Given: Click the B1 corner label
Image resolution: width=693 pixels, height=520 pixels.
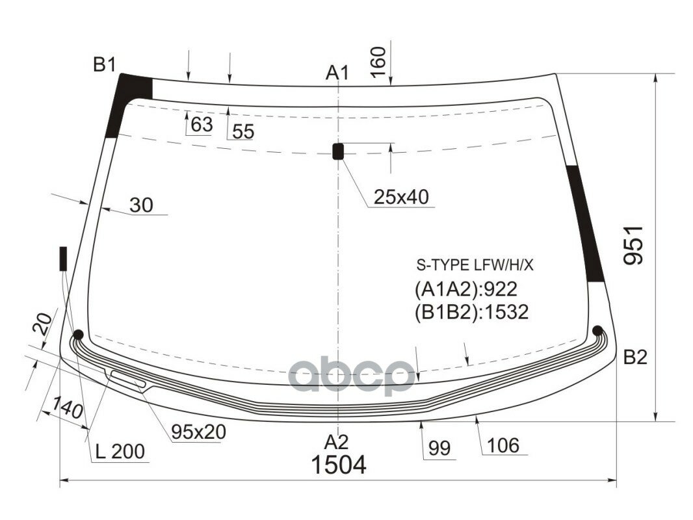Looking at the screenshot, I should pos(104,64).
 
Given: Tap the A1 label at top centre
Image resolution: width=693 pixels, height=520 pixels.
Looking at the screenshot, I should pos(337,73).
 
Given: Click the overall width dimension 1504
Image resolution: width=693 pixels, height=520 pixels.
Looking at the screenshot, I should pos(338,465).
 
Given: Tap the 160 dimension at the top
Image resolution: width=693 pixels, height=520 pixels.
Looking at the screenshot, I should pos(380,62).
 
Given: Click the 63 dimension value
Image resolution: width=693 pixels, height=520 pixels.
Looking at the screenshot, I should pos(202,124).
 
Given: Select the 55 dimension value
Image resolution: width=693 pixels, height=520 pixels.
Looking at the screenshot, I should pos(242,131).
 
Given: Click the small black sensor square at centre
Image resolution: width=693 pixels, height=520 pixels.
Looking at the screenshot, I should pos(338,151).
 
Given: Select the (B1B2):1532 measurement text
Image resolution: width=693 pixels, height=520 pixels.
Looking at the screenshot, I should pos(471,312).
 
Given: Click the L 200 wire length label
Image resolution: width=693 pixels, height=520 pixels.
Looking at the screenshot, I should pos(120,451).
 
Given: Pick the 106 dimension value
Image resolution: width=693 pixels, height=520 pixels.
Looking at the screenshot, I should pos(503,445).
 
